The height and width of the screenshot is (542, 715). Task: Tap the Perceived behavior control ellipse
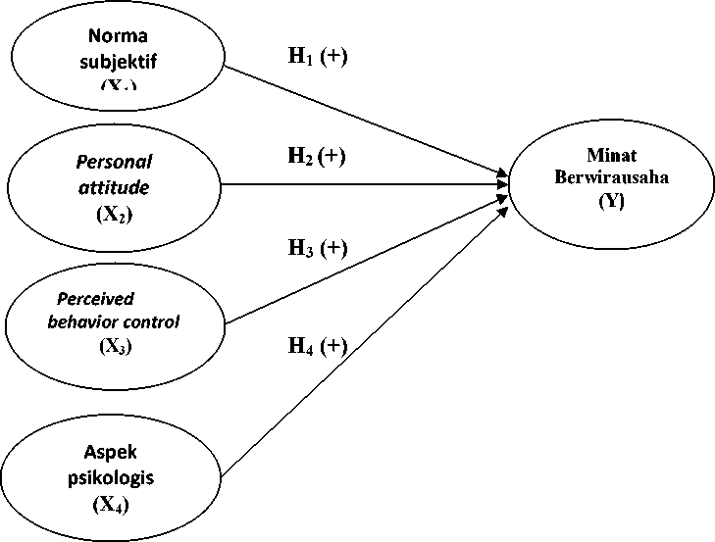click(x=114, y=321)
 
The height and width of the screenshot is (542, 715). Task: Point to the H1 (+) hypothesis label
click(x=318, y=55)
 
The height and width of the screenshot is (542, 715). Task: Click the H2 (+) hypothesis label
click(x=318, y=154)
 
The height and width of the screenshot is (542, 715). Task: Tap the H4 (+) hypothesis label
click(x=318, y=345)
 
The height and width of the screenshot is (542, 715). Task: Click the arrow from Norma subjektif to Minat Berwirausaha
click(x=373, y=123)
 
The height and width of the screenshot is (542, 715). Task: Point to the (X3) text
click(x=114, y=345)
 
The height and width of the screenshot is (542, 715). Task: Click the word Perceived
click(x=96, y=299)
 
